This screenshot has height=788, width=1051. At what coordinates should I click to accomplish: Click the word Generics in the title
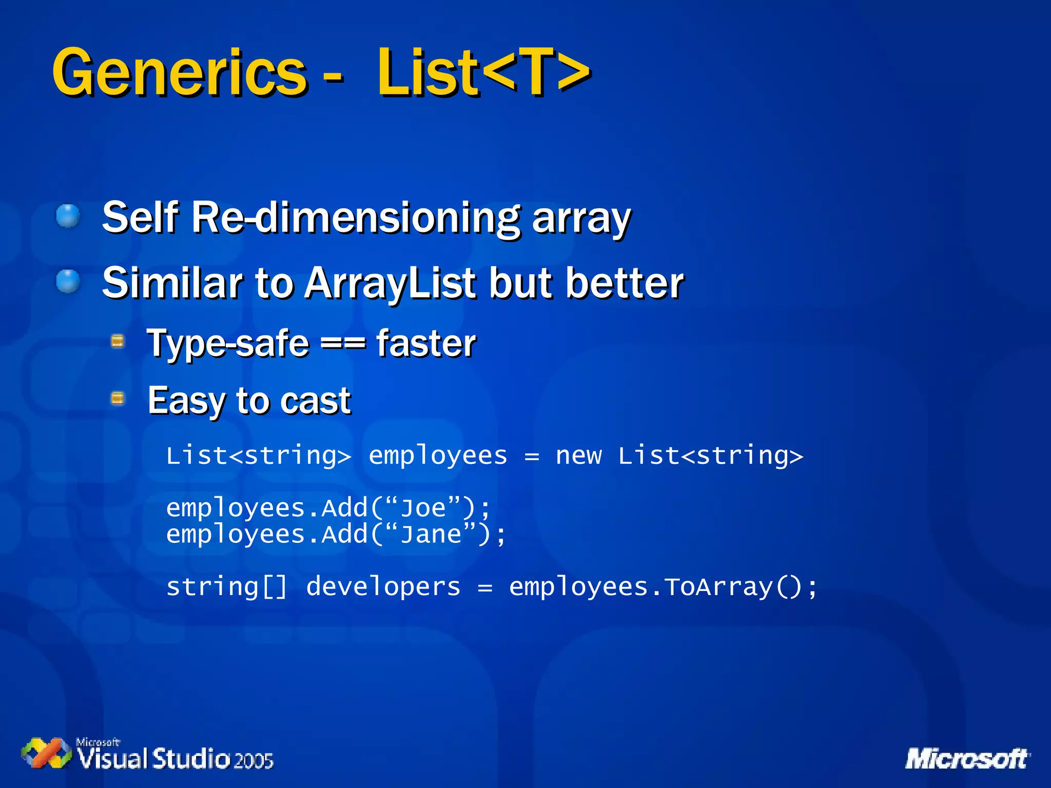click(x=180, y=73)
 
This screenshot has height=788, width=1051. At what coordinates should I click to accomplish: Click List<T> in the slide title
click(x=483, y=73)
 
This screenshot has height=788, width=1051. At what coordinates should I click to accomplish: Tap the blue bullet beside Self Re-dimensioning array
click(x=68, y=216)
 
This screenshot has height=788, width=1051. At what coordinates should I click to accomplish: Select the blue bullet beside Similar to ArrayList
click(x=68, y=282)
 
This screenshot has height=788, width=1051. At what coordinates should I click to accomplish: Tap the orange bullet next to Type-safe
click(x=118, y=341)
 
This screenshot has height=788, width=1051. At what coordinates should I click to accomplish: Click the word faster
click(x=426, y=343)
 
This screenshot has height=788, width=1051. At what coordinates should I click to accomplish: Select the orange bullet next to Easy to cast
click(x=118, y=398)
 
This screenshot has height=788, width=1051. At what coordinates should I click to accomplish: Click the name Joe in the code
click(x=423, y=508)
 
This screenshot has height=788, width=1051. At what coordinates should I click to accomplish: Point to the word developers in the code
click(x=383, y=587)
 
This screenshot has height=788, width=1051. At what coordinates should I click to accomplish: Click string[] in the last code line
click(x=226, y=587)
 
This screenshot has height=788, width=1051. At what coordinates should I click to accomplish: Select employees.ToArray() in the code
click(x=662, y=587)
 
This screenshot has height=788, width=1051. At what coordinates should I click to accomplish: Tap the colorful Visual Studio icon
click(x=46, y=753)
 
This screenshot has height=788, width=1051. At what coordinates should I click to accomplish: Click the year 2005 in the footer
click(x=254, y=760)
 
